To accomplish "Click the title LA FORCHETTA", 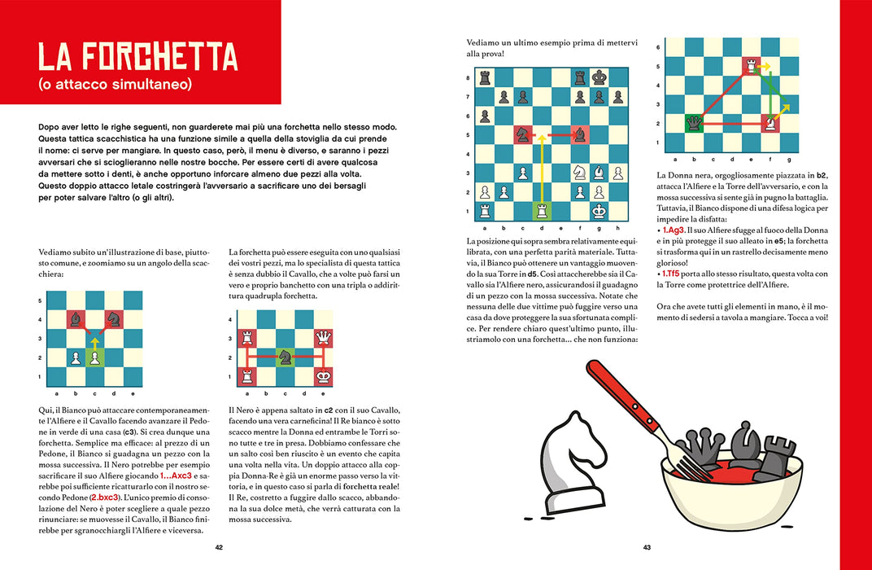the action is click(x=138, y=56).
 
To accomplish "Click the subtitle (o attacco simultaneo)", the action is click(x=116, y=84).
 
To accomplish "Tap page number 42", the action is click(x=219, y=547).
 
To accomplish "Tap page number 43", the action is click(x=647, y=547).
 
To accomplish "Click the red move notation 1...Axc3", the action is click(x=176, y=476).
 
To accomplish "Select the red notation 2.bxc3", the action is click(x=105, y=497).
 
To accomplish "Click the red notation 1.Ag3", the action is click(x=673, y=230).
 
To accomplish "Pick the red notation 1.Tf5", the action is click(x=671, y=274).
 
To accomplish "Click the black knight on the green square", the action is click(x=285, y=357).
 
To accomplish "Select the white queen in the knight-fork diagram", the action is click(x=323, y=337).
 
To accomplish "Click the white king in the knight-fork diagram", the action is click(x=323, y=376).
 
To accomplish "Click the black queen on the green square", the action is click(x=694, y=123).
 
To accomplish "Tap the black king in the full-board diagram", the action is click(x=599, y=77).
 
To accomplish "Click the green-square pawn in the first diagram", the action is click(x=94, y=357).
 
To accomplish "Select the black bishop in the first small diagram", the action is click(x=76, y=319).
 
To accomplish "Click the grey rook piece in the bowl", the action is click(x=776, y=458).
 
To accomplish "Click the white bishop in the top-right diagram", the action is click(x=770, y=123).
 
